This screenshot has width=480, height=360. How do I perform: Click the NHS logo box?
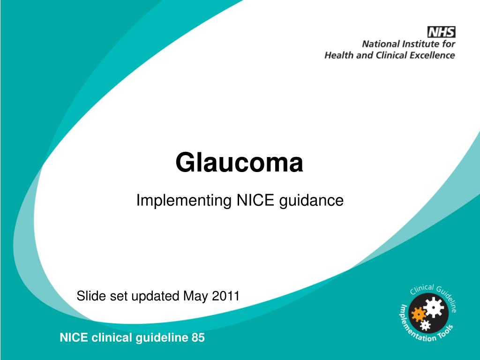[x=441, y=32]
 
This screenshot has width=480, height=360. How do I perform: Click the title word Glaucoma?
[x=240, y=163]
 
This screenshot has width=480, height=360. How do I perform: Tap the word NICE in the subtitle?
[x=255, y=201]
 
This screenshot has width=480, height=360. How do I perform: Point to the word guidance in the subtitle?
[x=312, y=201]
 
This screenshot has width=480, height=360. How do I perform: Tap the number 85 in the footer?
[x=198, y=337]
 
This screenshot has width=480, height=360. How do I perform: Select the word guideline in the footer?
[x=162, y=337]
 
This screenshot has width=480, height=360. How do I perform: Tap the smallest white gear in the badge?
[x=425, y=324]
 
